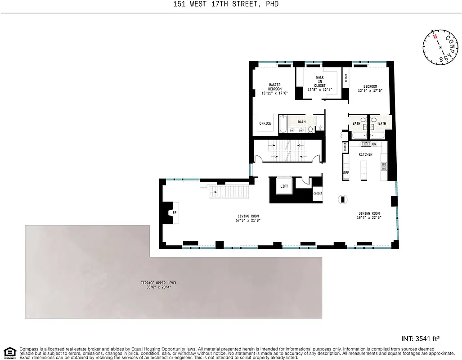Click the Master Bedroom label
tap(274, 86)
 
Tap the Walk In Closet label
tap(320, 81)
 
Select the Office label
tap(265, 123)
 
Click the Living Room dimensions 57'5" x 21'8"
tap(248, 220)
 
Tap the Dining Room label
tap(369, 213)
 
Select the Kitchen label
tap(365, 154)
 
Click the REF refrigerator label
tap(346, 172)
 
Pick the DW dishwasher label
tap(374, 144)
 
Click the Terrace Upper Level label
tap(159, 283)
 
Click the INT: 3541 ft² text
tap(420, 338)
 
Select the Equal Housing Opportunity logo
tap(9, 352)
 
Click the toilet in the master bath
tap(310, 130)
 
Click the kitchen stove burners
tap(384, 166)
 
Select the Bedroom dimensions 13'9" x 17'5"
tap(370, 91)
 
